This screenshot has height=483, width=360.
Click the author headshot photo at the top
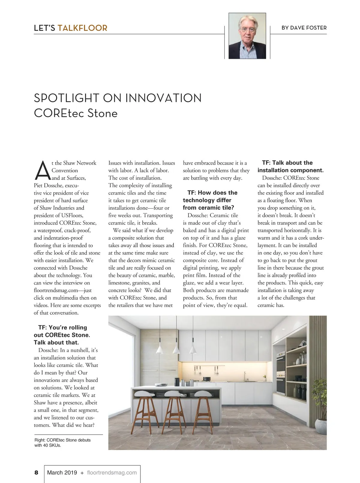click(247, 36)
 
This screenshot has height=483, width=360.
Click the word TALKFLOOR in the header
click(82, 28)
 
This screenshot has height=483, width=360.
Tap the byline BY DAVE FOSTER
click(304, 28)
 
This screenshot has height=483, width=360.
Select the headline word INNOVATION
click(163, 98)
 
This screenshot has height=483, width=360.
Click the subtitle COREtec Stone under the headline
click(76, 113)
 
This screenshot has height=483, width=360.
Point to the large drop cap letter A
click(42, 170)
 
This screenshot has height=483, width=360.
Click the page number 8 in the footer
click(36, 472)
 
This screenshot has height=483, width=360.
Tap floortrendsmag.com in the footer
click(112, 472)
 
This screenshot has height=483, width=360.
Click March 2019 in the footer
click(62, 472)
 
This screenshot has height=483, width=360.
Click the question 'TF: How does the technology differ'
click(210, 200)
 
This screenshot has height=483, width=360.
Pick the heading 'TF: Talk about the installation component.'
click(290, 166)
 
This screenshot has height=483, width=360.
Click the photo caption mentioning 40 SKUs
click(62, 442)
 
